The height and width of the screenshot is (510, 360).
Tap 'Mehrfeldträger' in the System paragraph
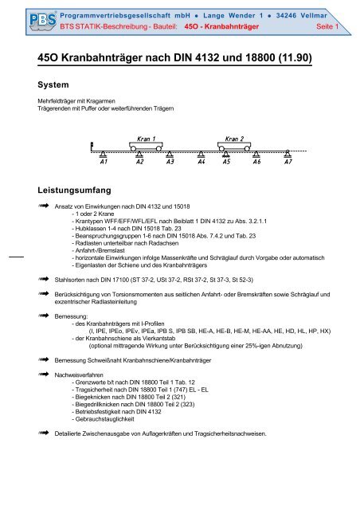coord(60,101)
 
